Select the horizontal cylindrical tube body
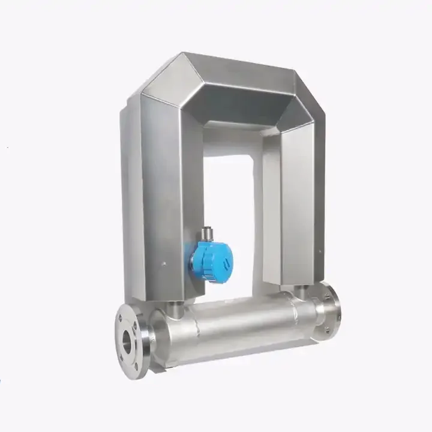pos(240,327)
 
